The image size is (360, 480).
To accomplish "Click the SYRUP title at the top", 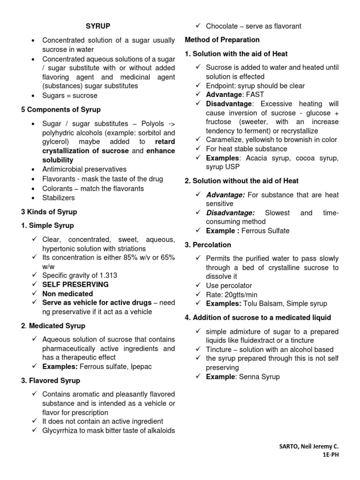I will coord(98,26).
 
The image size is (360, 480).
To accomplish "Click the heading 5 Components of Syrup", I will coord(60,110).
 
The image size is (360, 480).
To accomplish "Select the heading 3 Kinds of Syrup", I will coord(49,212).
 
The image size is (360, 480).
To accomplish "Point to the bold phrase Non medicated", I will coord(67,294).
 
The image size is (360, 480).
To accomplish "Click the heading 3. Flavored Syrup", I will coord(51,381).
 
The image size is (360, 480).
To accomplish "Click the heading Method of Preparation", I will coord(222,40).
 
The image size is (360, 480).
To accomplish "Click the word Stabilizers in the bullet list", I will coord(59,198).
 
